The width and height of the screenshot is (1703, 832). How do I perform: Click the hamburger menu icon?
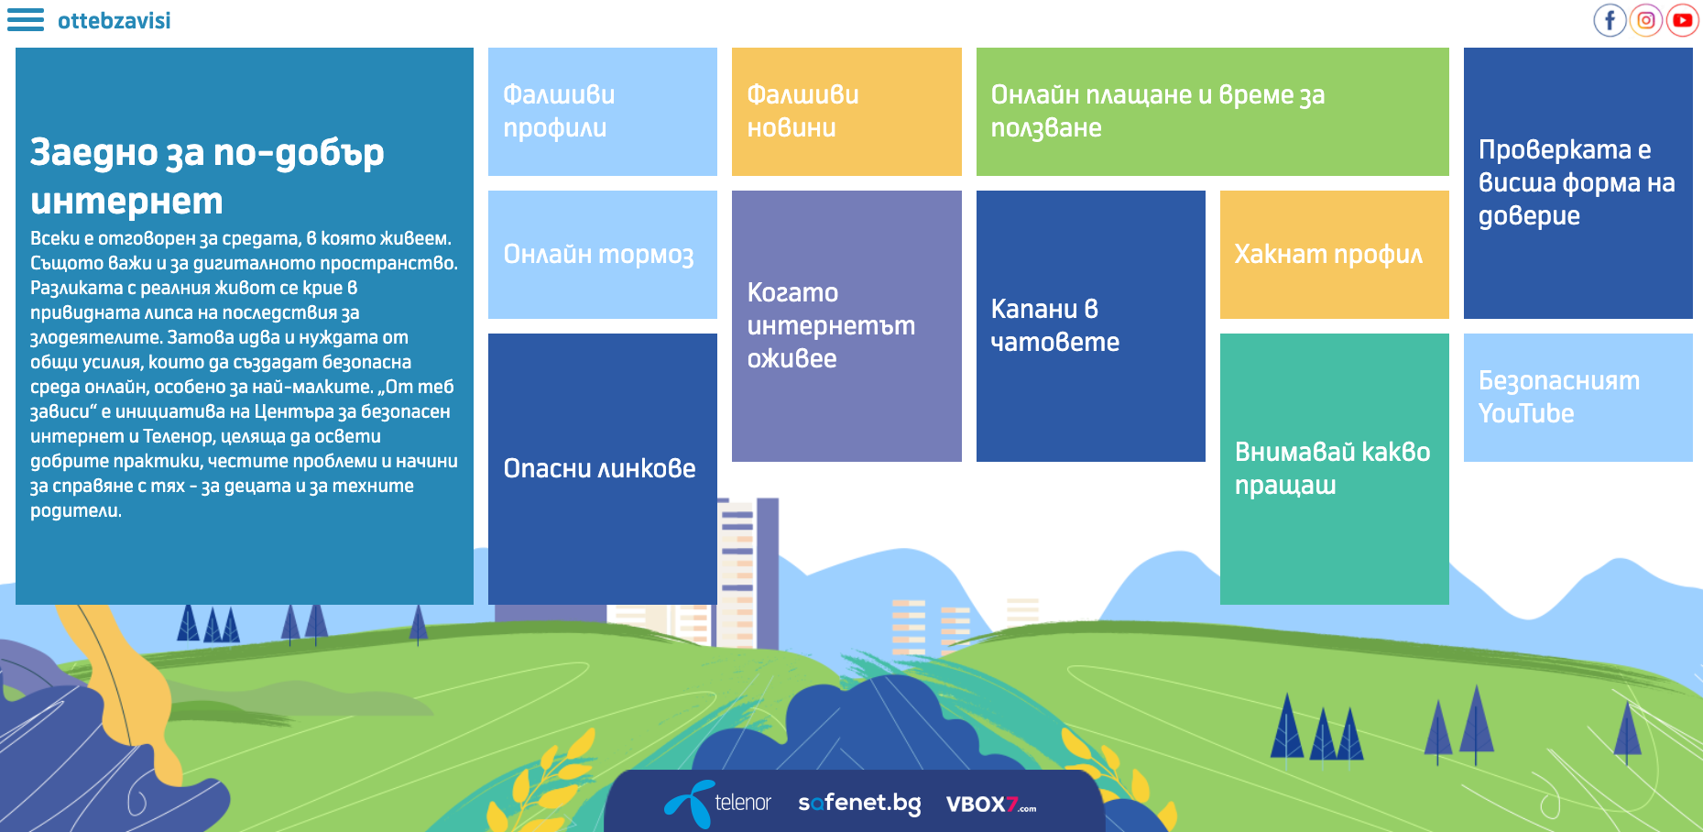coord(26,20)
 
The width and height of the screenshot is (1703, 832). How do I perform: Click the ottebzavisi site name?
coord(114,20)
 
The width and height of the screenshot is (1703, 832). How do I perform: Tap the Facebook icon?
coord(1610,20)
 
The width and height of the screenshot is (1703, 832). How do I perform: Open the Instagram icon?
coord(1646,20)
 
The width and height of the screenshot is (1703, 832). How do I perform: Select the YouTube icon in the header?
coord(1683,20)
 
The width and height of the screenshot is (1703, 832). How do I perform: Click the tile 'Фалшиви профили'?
coord(603,112)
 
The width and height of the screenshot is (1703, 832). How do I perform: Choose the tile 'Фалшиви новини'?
coord(846,112)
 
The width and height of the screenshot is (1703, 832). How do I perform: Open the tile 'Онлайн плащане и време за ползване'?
coord(1213,112)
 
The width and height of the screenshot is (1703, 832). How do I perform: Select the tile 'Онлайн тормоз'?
coord(603,255)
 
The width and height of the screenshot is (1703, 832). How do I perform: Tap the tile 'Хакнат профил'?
coord(1335,255)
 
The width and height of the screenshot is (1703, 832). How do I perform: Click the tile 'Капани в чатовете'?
coord(1091,326)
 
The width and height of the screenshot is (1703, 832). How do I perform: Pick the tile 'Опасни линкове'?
coord(603,469)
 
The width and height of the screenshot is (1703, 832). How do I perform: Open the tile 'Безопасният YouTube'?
coord(1578,398)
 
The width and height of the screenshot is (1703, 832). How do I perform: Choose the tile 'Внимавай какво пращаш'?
coord(1335,469)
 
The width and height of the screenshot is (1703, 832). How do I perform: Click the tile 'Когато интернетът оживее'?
coord(846,326)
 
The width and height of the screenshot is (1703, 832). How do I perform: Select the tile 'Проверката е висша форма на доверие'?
coord(1578,183)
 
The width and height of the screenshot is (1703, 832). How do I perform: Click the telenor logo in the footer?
coord(718,803)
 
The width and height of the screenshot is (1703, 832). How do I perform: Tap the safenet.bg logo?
coord(859,804)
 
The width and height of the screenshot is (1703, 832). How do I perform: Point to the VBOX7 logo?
coord(991,805)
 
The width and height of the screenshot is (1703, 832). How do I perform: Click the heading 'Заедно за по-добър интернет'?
coord(207,176)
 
